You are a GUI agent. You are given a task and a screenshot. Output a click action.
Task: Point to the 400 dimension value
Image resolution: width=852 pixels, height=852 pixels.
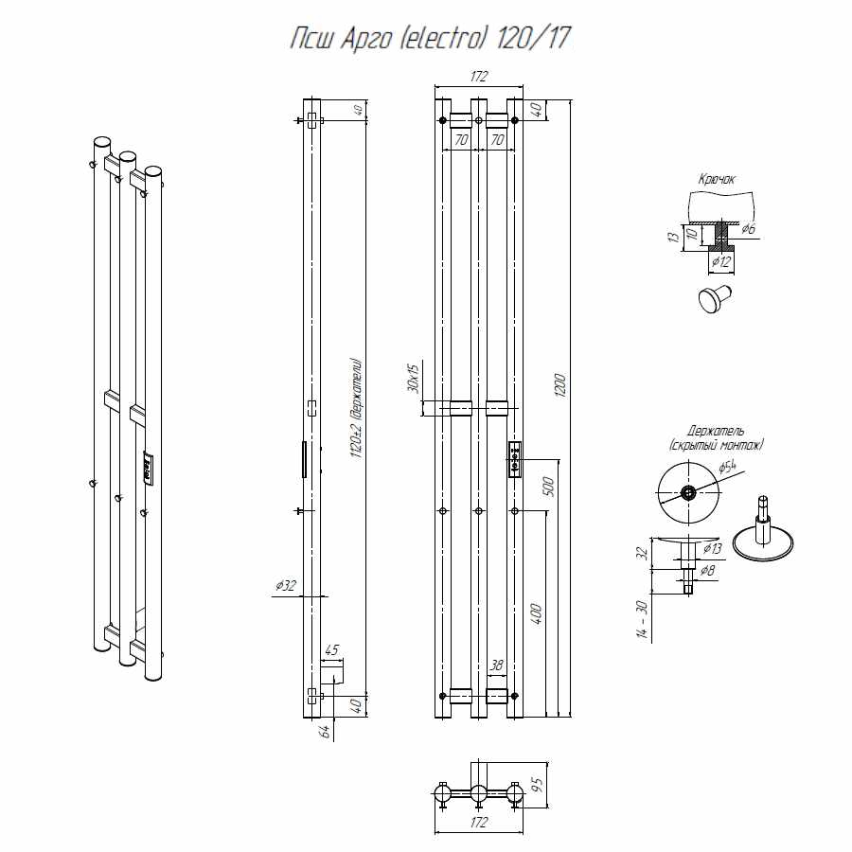(536, 612)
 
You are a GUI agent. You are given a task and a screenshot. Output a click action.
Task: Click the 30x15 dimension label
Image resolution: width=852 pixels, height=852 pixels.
(412, 379)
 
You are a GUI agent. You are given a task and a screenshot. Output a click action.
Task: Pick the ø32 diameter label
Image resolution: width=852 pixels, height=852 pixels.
(286, 586)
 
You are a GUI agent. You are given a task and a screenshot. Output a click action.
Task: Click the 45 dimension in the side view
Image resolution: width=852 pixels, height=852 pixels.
(331, 650)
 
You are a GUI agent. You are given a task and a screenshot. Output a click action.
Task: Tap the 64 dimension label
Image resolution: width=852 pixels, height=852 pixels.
(324, 731)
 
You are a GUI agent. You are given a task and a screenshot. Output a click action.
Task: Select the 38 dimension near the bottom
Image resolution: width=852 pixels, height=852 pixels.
(496, 666)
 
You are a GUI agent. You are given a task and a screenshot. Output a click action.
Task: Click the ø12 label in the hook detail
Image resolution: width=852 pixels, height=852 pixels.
(721, 259)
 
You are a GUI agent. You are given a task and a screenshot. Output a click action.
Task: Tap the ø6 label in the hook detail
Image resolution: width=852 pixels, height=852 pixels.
(748, 228)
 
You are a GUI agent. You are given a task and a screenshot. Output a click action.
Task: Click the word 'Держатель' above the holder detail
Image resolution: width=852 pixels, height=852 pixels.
(715, 431)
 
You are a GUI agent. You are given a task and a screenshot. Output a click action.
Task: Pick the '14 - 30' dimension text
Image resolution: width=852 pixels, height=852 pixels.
(643, 620)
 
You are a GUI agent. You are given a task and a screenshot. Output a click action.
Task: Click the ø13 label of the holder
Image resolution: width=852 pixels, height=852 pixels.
(713, 548)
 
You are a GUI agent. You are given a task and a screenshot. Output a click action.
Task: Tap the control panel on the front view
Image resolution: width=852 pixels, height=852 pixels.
(514, 459)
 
